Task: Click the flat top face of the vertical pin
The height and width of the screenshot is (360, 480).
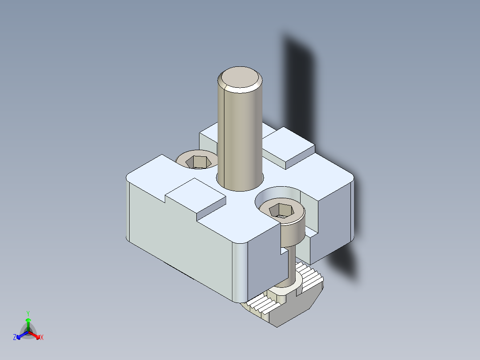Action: [240, 78]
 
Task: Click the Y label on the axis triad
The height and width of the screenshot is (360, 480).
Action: [28, 313]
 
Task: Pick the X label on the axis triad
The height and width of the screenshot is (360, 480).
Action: [42, 338]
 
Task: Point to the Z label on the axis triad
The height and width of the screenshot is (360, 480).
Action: [15, 338]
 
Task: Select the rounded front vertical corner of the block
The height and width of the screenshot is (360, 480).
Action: [239, 272]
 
